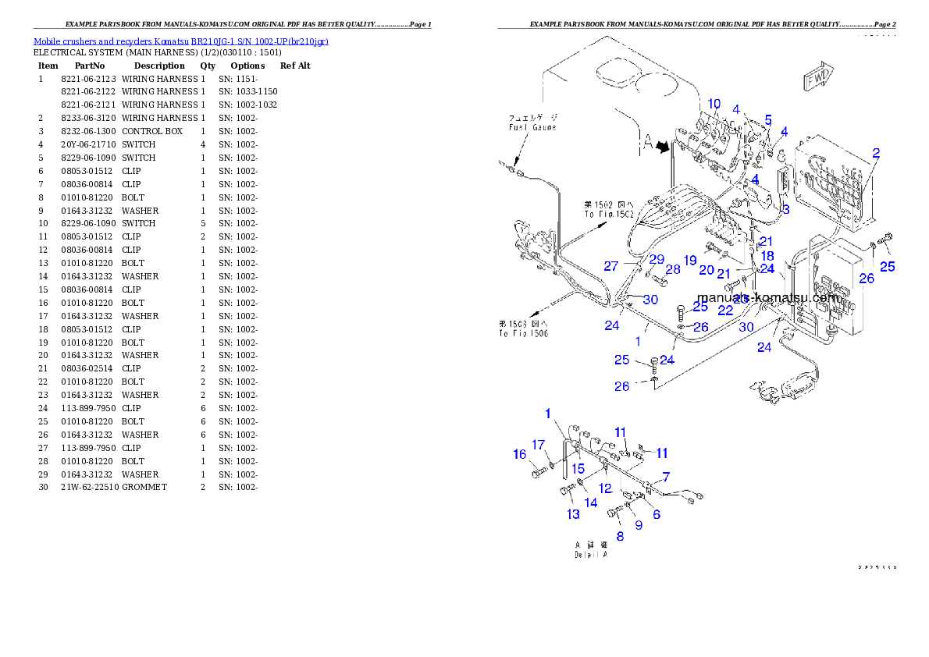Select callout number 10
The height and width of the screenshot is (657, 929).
pos(714,104)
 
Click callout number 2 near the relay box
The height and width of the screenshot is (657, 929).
pos(876,153)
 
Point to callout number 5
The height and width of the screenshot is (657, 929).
pos(768,120)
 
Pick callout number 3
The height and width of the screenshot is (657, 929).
pos(785,209)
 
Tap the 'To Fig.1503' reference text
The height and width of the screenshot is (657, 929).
pos(524,328)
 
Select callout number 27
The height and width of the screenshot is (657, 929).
pos(611,266)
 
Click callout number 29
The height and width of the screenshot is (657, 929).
pos(657,258)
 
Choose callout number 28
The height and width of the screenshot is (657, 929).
pos(673,269)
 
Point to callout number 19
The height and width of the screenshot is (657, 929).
pos(690,259)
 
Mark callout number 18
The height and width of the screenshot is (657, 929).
pos(767,255)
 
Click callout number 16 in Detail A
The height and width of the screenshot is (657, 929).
pos(520,455)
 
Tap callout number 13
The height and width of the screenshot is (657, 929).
pos(574,513)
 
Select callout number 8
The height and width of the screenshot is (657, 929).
pos(621,536)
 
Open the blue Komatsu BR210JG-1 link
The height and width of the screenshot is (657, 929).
pos(180,41)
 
